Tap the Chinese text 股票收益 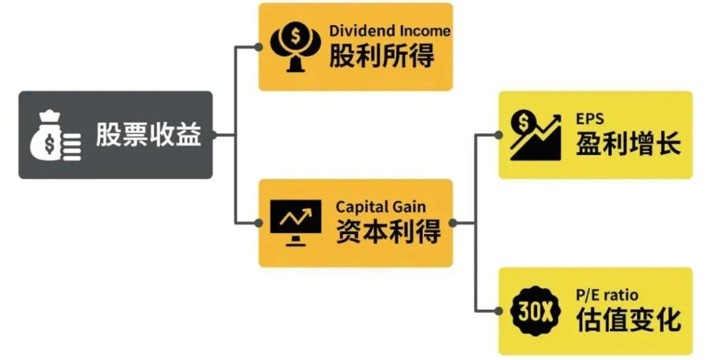(149, 135)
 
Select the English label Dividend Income (390, 31)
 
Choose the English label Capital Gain (381, 207)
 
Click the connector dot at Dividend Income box (259, 47)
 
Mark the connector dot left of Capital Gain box (259, 223)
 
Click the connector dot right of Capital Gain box (453, 223)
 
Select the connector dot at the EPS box (499, 135)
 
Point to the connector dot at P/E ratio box (499, 312)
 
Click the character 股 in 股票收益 (108, 135)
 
